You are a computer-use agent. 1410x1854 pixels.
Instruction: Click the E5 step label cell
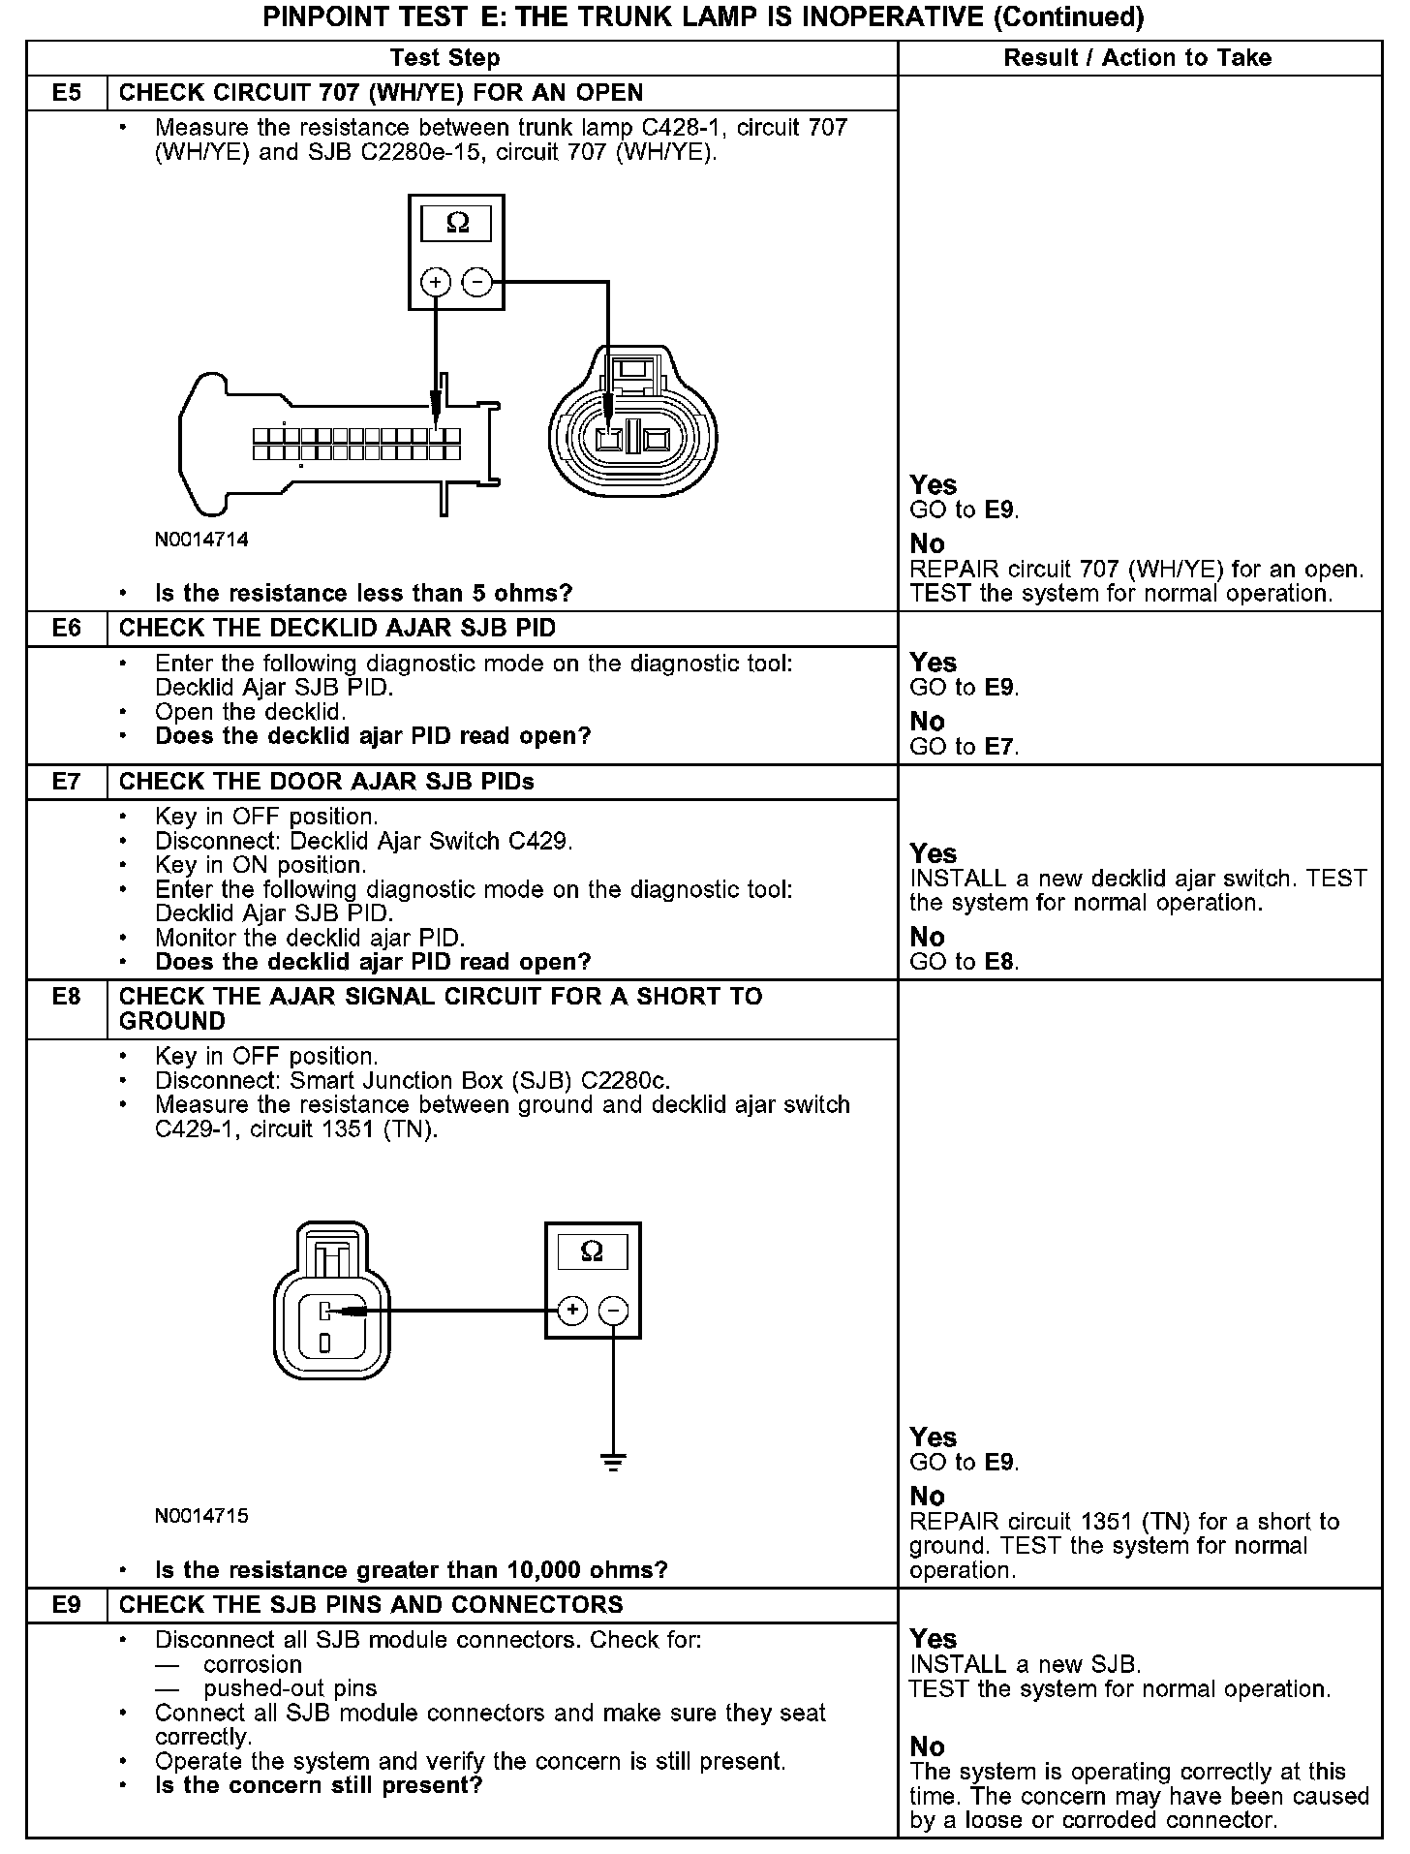(66, 93)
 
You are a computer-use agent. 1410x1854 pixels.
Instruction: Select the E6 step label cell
(66, 629)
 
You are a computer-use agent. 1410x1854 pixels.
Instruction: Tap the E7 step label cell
(66, 782)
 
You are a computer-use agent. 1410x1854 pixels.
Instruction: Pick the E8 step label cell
(66, 997)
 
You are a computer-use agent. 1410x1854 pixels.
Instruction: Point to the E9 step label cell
(66, 1605)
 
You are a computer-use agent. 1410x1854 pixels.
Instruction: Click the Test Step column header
(444, 58)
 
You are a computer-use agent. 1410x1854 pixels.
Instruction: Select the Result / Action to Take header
(1137, 58)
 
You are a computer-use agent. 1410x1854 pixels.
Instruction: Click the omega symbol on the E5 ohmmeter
(457, 224)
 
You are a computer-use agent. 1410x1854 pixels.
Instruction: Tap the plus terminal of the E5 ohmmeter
(436, 283)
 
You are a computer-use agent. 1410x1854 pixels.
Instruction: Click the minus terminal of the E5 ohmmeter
(477, 283)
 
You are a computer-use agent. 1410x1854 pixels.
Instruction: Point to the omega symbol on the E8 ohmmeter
(592, 1251)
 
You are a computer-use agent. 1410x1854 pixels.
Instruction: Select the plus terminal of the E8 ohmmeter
(573, 1311)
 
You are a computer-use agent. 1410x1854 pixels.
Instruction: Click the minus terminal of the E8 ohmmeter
(614, 1311)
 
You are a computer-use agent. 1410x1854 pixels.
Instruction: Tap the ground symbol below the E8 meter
(614, 1463)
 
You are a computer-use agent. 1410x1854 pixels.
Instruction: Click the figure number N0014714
(201, 540)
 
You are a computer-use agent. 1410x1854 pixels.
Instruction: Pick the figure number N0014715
(201, 1516)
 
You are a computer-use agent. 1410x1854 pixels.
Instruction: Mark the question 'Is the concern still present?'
(319, 1785)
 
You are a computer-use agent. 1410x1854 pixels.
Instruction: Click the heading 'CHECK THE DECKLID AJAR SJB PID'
(337, 629)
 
